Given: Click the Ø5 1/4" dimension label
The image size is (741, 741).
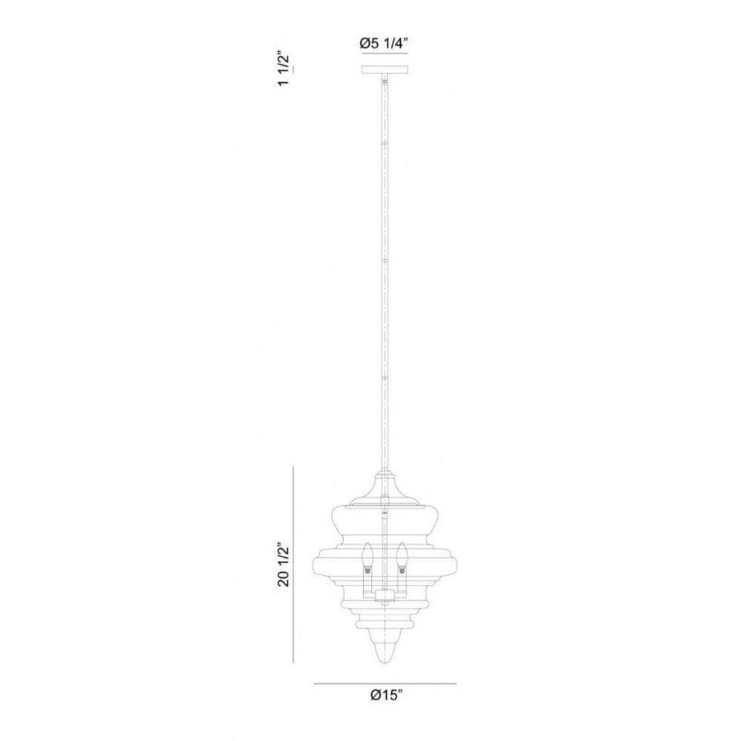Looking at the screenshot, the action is tap(383, 44).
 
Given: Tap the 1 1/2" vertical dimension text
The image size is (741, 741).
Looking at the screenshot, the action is tap(284, 68).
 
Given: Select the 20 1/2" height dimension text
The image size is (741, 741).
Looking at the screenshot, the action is tap(284, 565).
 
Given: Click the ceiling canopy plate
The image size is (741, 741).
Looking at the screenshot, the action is tap(385, 70).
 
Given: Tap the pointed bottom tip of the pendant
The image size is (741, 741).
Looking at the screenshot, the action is tap(385, 663).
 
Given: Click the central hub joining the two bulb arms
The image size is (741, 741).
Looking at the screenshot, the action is tap(385, 596).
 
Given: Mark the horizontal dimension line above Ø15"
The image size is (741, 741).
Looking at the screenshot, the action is tap(385, 683).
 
